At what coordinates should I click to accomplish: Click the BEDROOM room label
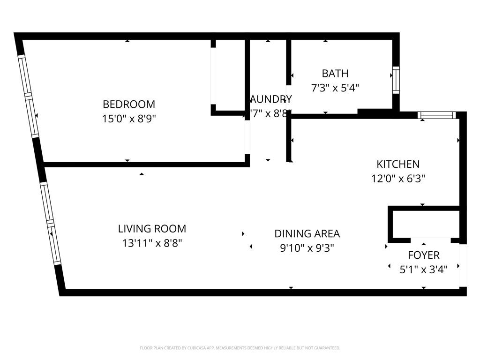129,104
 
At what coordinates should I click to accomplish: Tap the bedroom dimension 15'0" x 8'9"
129,119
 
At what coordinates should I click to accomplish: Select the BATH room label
335,73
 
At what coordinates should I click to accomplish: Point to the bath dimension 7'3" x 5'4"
335,88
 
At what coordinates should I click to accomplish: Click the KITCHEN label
398,164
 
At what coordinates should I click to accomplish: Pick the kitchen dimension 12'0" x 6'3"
398,179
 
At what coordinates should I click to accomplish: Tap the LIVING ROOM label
152,229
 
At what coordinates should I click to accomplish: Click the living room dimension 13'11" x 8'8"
152,243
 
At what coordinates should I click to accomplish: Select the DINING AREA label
307,233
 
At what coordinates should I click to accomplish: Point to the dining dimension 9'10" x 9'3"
307,248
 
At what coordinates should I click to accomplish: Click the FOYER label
423,255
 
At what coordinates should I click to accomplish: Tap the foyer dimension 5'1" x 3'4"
423,270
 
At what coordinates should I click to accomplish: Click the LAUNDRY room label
270,99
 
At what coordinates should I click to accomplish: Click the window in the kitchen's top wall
436,115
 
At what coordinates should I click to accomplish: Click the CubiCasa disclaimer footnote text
240,348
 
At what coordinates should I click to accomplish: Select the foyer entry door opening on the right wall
463,264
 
